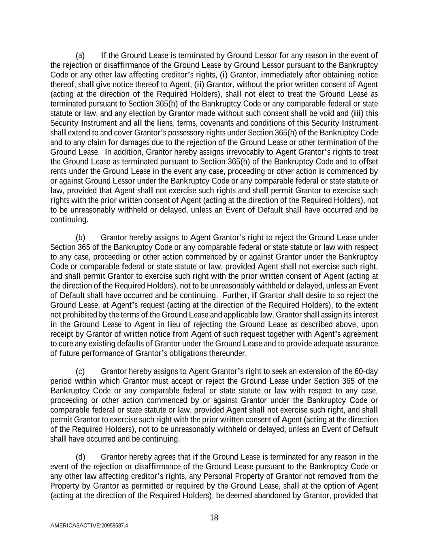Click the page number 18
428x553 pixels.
[214, 517]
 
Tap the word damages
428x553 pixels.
[137, 142]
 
